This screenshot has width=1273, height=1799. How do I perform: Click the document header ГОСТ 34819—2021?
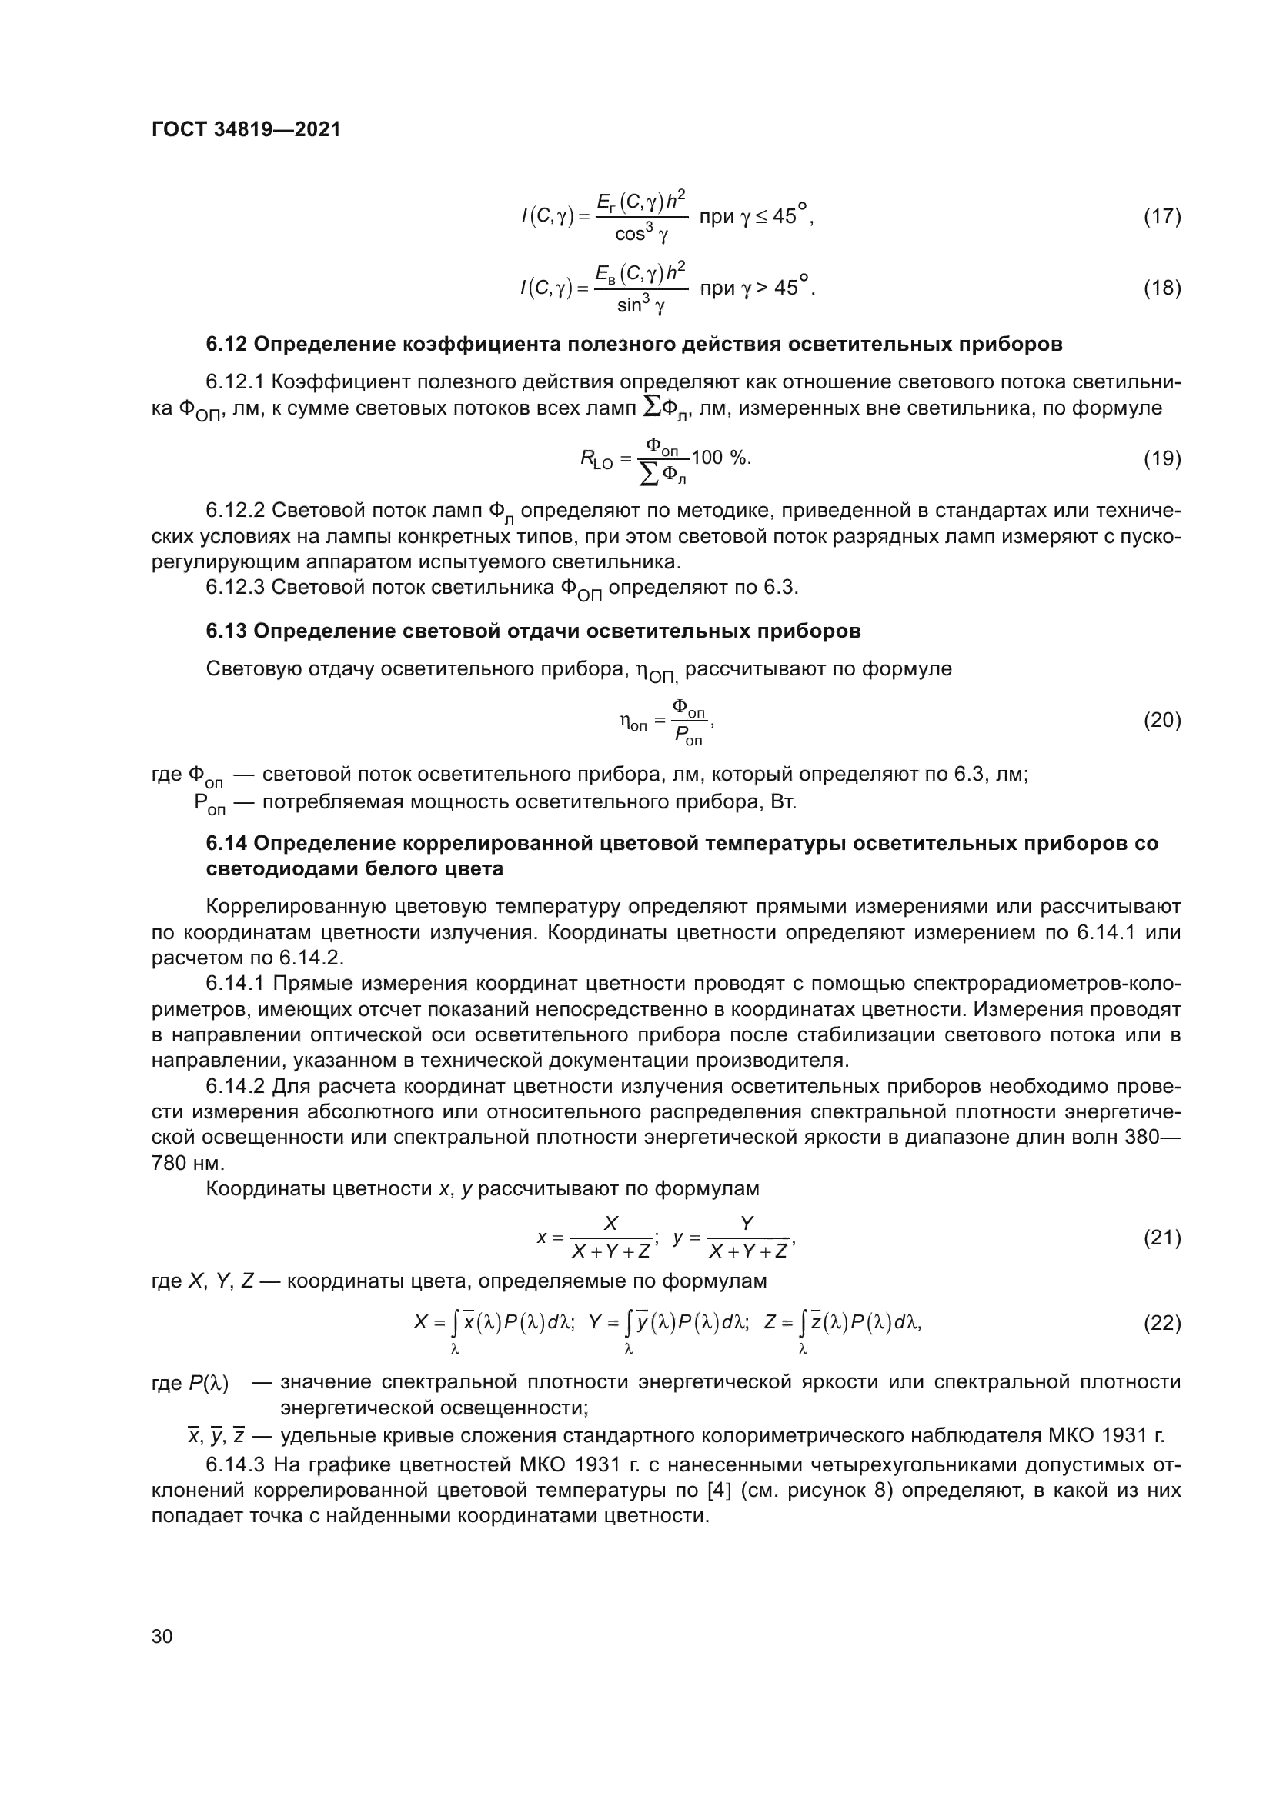pyautogui.click(x=246, y=130)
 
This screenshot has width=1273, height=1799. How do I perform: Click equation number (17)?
pyautogui.click(x=1161, y=216)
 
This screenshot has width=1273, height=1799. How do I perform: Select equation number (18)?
pyautogui.click(x=1161, y=288)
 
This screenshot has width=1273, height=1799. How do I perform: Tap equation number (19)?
pyautogui.click(x=1161, y=458)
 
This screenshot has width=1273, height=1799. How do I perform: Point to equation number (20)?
pyautogui.click(x=1161, y=719)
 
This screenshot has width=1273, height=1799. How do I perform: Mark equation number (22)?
pyautogui.click(x=1161, y=1323)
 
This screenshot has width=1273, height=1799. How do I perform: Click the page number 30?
pyautogui.click(x=162, y=1636)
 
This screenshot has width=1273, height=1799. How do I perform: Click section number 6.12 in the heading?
pyautogui.click(x=226, y=344)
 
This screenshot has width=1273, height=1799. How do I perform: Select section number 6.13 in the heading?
pyautogui.click(x=226, y=631)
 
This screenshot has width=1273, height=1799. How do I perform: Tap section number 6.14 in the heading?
pyautogui.click(x=226, y=843)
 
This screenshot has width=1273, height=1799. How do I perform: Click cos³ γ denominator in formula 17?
pyautogui.click(x=640, y=235)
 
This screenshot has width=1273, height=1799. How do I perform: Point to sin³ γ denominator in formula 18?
pyautogui.click(x=640, y=306)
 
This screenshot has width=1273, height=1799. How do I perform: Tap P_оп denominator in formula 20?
pyautogui.click(x=689, y=737)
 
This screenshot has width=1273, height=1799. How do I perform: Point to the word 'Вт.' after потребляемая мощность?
pyautogui.click(x=784, y=802)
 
